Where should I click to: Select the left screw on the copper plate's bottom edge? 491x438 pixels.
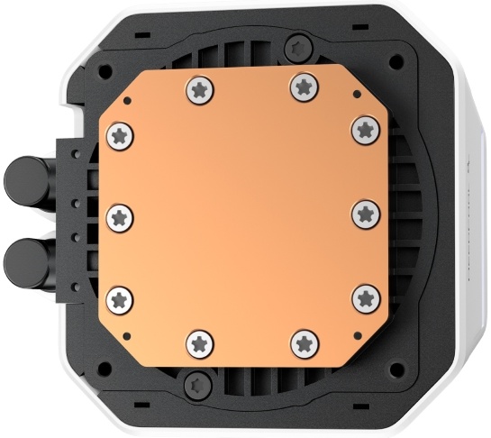point(200,342)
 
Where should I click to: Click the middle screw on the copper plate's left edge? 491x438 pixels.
point(120,216)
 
